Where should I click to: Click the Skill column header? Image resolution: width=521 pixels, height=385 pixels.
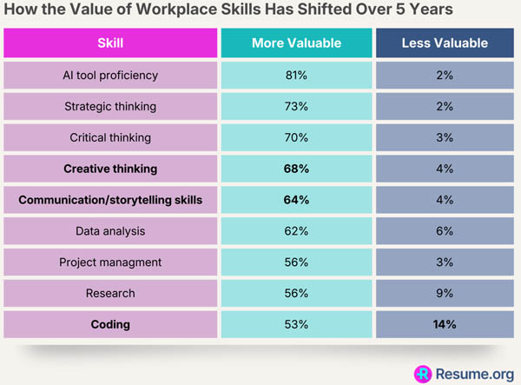click(110, 43)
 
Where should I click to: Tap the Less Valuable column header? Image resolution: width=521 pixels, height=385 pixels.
click(445, 43)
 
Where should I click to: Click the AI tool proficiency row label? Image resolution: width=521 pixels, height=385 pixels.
click(110, 76)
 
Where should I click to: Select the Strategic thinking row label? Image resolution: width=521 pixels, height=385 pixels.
click(110, 107)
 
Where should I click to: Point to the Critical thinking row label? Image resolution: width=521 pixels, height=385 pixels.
click(110, 137)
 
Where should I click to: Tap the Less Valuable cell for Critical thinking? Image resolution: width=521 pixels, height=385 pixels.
click(445, 137)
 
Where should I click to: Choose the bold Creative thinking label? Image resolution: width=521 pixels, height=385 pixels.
click(110, 169)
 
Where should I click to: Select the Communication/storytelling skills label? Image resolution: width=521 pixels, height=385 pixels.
click(110, 200)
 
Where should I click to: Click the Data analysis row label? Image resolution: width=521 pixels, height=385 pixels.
click(110, 231)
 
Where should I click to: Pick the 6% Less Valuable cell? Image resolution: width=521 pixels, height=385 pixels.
click(445, 231)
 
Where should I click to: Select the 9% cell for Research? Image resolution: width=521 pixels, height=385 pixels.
click(445, 294)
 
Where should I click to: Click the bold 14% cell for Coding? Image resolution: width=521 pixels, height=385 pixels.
click(445, 324)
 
